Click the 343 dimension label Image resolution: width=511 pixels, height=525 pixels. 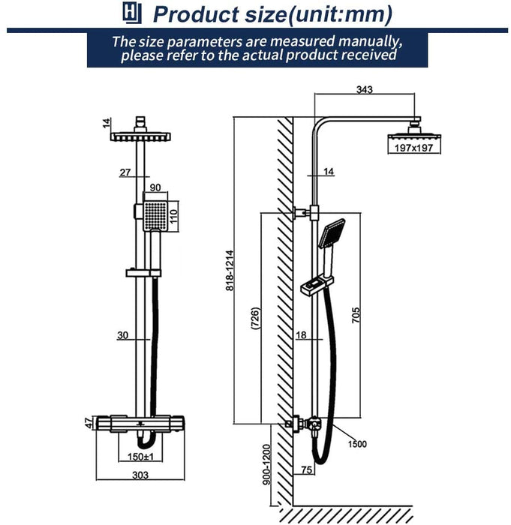click(x=365, y=89)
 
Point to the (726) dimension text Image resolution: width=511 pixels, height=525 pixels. click(x=255, y=319)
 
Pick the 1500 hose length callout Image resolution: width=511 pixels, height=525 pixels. click(x=357, y=445)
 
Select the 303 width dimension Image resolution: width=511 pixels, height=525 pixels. click(x=140, y=475)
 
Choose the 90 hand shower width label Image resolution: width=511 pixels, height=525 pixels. click(x=156, y=187)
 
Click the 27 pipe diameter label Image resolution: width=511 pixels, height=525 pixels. click(x=125, y=172)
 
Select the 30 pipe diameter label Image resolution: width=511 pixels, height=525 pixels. click(x=122, y=335)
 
